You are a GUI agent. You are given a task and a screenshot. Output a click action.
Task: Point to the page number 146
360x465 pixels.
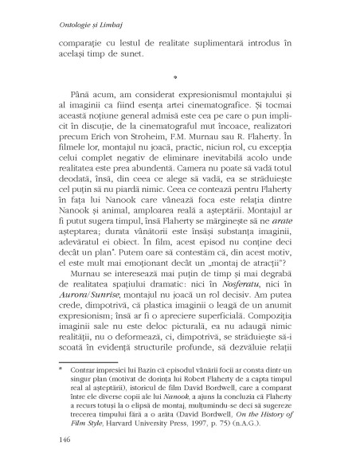pyautogui.click(x=57, y=439)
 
